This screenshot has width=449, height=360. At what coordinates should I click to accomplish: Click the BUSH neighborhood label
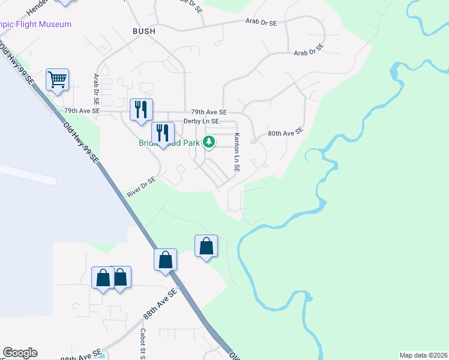pyautogui.click(x=143, y=31)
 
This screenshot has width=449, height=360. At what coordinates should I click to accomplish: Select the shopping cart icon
pyautogui.click(x=57, y=79)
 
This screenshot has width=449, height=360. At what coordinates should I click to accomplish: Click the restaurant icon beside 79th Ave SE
pyautogui.click(x=142, y=109)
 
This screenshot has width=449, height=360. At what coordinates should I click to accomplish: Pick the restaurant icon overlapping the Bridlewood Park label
pyautogui.click(x=162, y=133)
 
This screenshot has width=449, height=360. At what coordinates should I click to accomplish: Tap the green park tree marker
pyautogui.click(x=209, y=142)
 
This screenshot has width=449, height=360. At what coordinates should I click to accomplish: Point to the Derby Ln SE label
pyautogui.click(x=200, y=121)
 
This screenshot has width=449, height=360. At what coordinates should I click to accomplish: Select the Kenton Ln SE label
pyautogui.click(x=237, y=152)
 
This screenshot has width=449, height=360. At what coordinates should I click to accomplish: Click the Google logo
pyautogui.click(x=20, y=353)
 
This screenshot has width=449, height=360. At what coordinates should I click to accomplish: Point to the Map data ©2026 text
pyautogui.click(x=423, y=355)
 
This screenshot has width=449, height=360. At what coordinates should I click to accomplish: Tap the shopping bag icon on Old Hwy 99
pyautogui.click(x=165, y=260)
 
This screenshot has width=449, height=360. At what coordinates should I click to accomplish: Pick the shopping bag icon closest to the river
pyautogui.click(x=206, y=245)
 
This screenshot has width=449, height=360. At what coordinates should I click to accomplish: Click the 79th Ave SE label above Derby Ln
pyautogui.click(x=208, y=112)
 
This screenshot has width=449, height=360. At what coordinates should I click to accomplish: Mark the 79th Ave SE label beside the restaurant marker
pyautogui.click(x=82, y=112)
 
